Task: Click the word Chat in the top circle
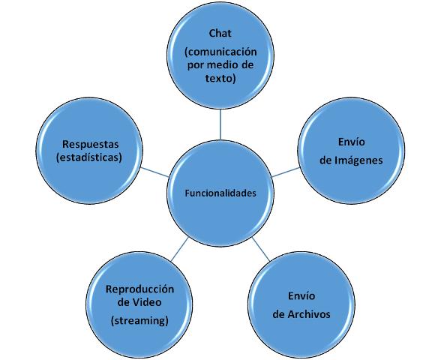[220, 33]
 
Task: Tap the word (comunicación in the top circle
[220, 52]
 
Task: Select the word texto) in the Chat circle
[220, 78]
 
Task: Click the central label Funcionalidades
[220, 193]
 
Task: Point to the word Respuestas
[91, 144]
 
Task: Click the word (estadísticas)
[89, 157]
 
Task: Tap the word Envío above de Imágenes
[351, 142]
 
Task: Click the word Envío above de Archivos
[301, 295]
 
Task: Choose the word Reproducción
[139, 289]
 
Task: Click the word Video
[147, 302]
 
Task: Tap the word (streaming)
[139, 321]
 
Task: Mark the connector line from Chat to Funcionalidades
[220, 124]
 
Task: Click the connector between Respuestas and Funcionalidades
[155, 172]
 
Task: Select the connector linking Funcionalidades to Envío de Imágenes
[286, 172]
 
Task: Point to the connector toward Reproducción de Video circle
[180, 249]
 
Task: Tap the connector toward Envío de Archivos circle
[261, 249]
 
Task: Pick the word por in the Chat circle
[194, 66]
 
